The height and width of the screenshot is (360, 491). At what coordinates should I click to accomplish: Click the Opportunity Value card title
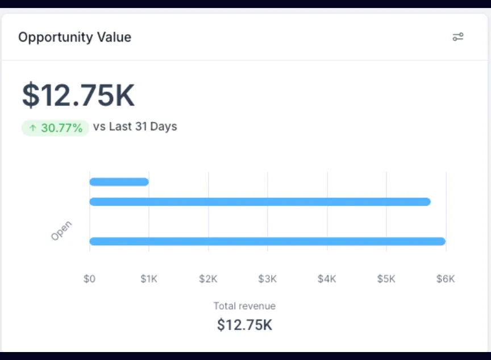click(x=74, y=38)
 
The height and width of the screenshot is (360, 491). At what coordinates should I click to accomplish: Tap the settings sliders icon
click(x=458, y=37)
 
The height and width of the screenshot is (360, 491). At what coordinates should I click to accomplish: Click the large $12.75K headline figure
click(x=78, y=95)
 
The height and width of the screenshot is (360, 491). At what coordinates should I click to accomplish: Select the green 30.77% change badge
click(x=55, y=128)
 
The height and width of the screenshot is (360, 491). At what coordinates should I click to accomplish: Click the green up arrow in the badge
click(x=32, y=128)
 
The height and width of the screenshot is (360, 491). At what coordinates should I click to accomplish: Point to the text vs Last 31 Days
click(x=135, y=126)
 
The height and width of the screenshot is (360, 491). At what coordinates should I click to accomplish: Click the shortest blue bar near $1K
click(x=119, y=182)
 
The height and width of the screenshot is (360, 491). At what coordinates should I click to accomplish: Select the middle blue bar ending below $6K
click(x=260, y=202)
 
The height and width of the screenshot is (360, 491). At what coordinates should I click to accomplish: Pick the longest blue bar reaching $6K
click(x=267, y=241)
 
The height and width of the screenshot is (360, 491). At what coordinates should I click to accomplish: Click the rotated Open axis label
click(x=61, y=231)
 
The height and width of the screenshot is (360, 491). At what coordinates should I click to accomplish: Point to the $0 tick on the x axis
click(x=89, y=279)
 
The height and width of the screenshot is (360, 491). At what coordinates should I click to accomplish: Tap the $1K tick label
click(x=149, y=279)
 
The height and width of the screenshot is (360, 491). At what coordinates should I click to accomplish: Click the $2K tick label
click(x=208, y=279)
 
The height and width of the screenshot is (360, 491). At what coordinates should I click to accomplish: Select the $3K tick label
click(x=268, y=279)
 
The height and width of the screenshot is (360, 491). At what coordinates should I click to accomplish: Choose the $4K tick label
click(x=327, y=279)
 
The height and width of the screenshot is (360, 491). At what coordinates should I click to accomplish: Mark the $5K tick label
click(x=386, y=279)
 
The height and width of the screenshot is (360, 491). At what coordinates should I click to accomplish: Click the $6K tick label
click(x=446, y=279)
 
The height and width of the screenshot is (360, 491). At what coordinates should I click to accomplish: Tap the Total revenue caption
click(x=244, y=306)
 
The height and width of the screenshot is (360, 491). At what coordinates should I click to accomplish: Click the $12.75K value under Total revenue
click(x=244, y=325)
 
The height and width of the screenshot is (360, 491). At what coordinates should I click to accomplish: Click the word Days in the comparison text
click(x=164, y=126)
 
